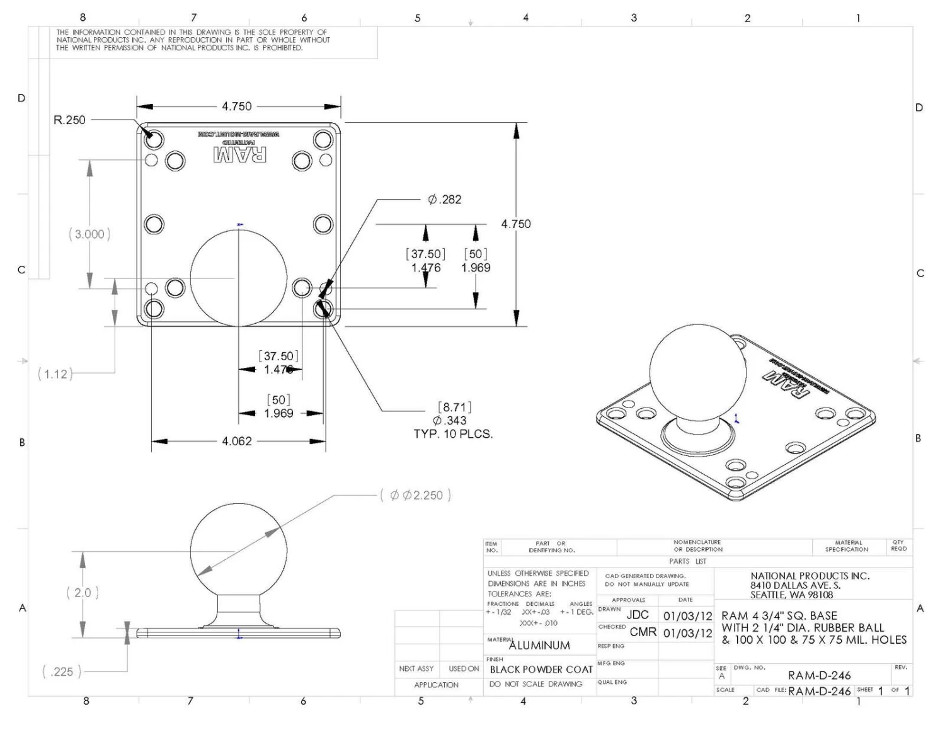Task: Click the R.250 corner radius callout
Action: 69,120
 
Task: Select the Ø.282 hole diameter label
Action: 445,200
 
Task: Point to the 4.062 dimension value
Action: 237,441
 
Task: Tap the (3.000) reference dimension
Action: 89,234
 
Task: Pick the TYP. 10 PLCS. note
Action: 453,434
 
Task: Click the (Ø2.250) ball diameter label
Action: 416,496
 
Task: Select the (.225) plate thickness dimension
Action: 62,672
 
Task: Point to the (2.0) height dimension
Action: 83,593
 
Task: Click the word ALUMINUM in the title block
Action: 539,646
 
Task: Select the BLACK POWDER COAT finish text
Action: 541,670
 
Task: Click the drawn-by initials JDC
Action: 638,615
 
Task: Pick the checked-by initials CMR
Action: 643,632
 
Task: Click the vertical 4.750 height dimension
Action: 516,224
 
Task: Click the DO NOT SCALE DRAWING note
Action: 535,684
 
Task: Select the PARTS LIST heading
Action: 687,561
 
